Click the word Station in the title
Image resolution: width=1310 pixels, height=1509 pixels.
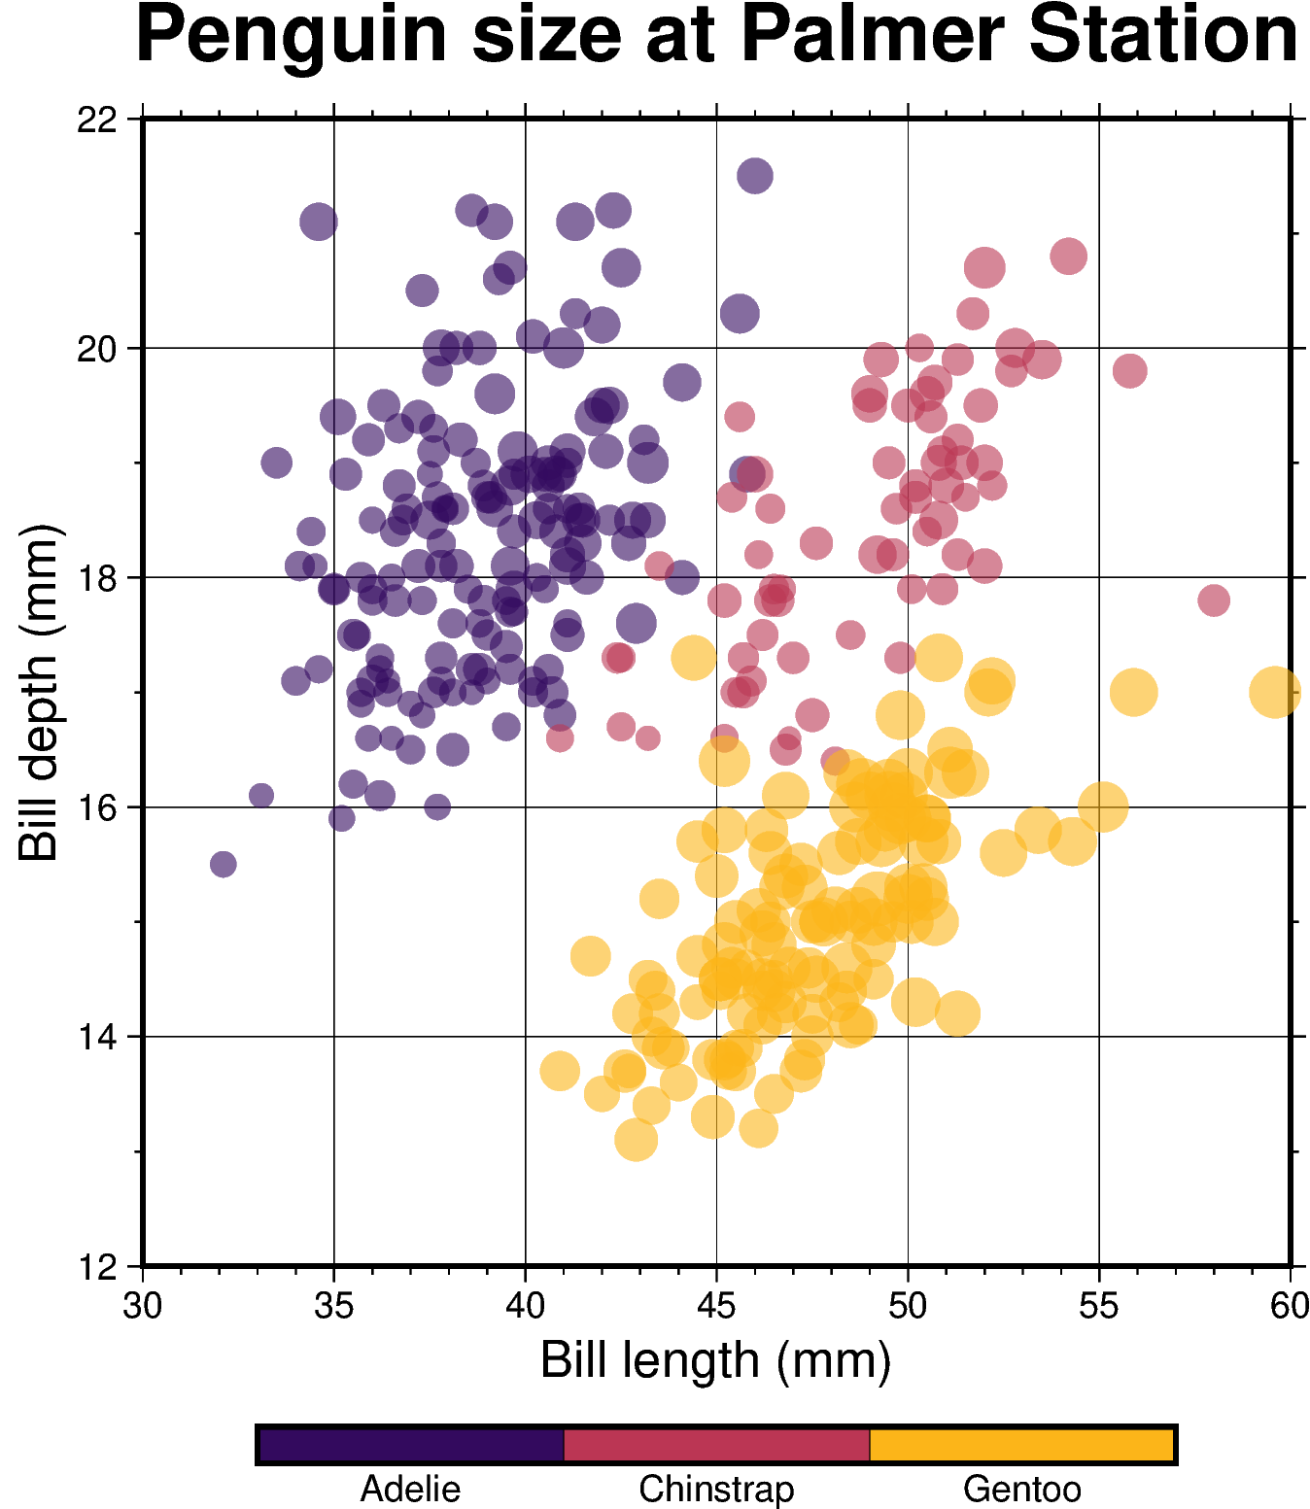[x=1163, y=35]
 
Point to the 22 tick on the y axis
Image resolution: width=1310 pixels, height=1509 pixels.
[x=96, y=120]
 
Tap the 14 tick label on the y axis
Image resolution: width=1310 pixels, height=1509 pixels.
[x=96, y=1038]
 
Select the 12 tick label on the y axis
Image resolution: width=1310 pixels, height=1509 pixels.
[x=96, y=1267]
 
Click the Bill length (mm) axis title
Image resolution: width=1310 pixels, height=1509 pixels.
[x=715, y=1360]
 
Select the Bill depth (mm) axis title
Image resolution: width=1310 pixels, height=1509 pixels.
[x=39, y=692]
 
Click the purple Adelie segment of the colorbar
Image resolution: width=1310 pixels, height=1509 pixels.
[x=411, y=1444]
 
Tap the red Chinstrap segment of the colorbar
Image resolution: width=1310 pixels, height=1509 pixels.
[x=716, y=1444]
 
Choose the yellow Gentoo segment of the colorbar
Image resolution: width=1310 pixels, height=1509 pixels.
[x=1021, y=1444]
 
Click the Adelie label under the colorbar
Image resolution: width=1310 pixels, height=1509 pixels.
[x=410, y=1489]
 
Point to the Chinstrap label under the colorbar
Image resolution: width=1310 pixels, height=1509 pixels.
[x=716, y=1489]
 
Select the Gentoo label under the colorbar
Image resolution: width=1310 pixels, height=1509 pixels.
[x=1021, y=1489]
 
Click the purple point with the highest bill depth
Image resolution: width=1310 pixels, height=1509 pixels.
[x=754, y=176]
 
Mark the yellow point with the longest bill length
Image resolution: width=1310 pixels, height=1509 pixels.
[x=1274, y=692]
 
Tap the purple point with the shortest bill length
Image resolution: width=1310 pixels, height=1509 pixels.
[x=224, y=864]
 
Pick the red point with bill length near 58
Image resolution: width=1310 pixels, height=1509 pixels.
[x=1213, y=600]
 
